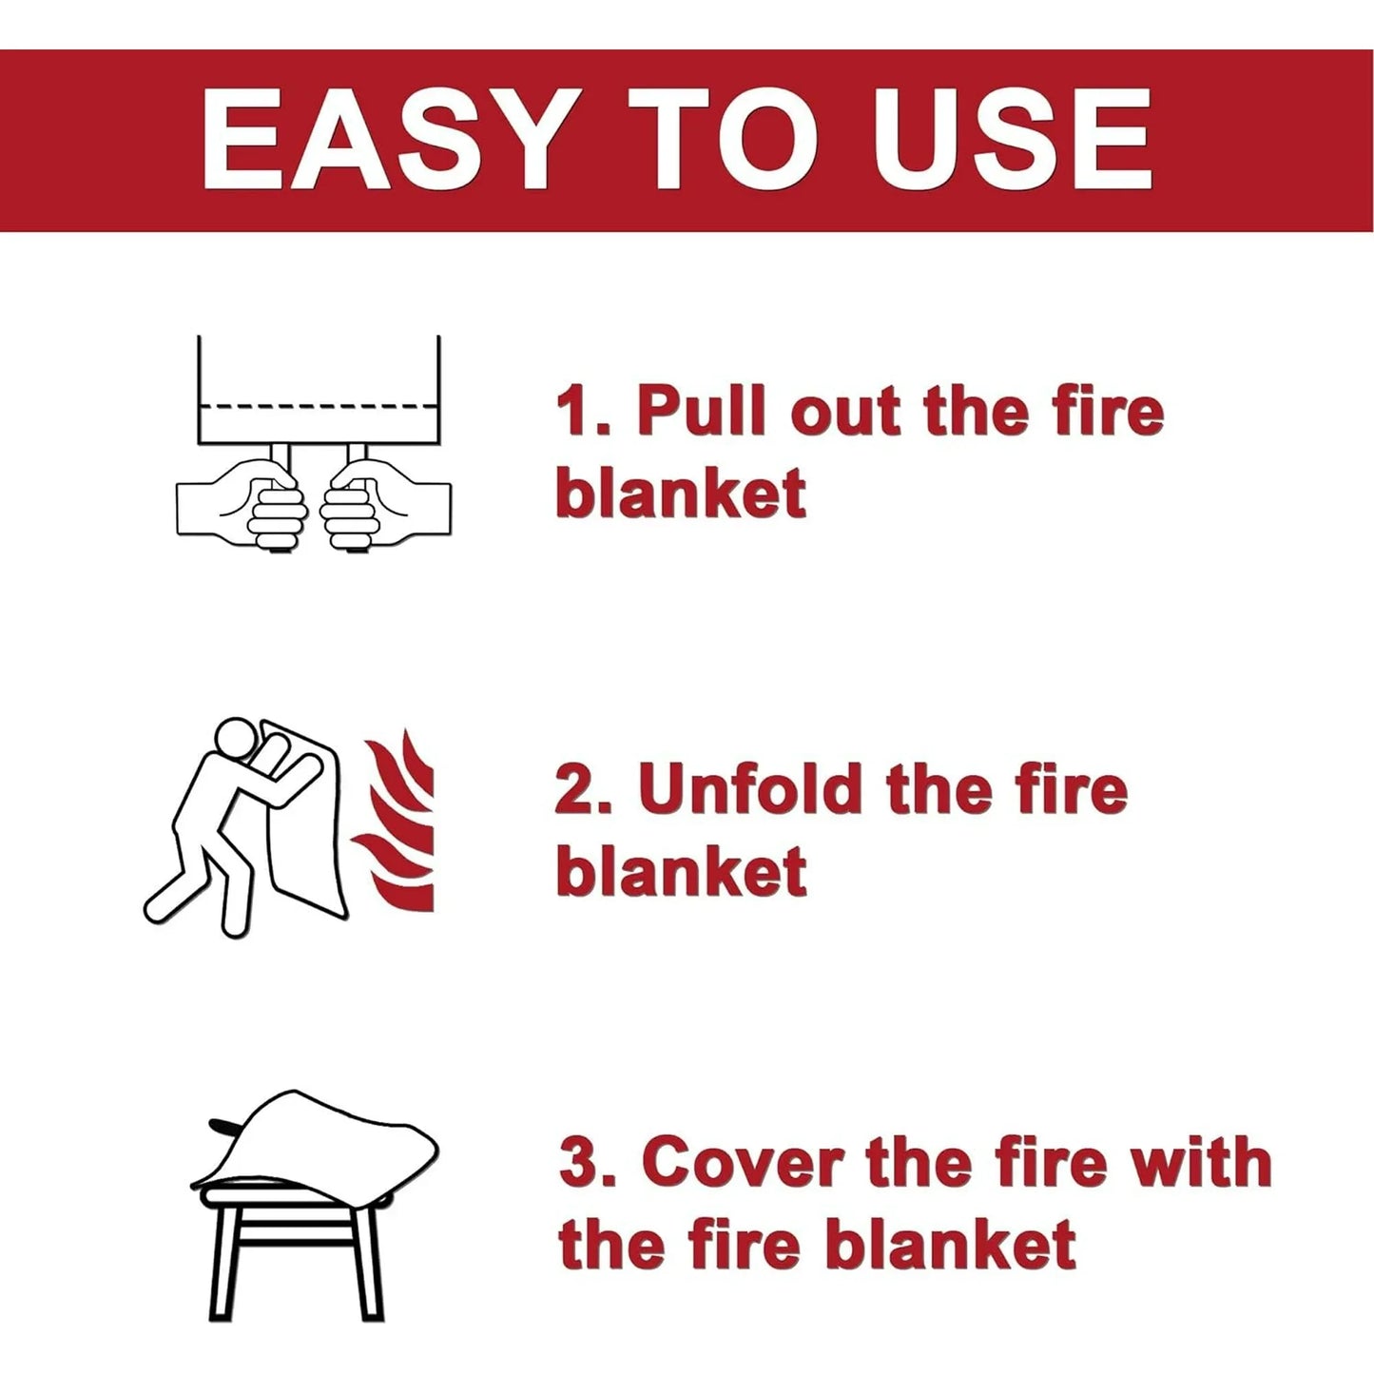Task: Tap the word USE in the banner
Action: tap(1013, 142)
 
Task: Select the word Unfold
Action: tap(751, 788)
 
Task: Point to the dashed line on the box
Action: tap(318, 406)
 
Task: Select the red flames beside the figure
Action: tap(399, 827)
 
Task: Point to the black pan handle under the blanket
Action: tap(226, 1126)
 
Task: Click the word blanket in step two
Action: tap(681, 871)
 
